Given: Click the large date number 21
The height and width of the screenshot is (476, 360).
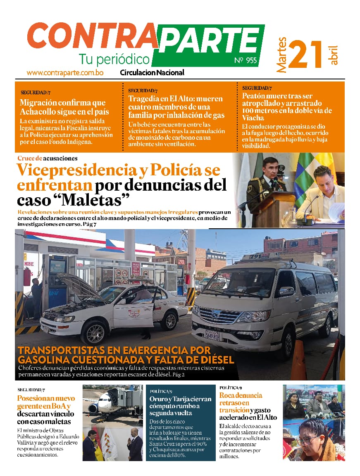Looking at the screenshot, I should pyautogui.click(x=305, y=54).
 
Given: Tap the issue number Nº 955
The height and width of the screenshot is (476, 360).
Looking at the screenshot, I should pyautogui.click(x=246, y=61).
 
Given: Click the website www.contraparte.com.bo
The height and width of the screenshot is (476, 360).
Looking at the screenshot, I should pyautogui.click(x=65, y=73).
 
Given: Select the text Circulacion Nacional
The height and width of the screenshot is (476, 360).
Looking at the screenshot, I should pyautogui.click(x=152, y=73).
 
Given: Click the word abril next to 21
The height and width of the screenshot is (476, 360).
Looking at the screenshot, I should pyautogui.click(x=334, y=55).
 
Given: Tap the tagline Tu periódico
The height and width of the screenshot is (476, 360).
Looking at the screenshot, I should pyautogui.click(x=114, y=59).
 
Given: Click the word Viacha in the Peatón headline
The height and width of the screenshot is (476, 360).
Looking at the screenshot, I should pyautogui.click(x=253, y=118).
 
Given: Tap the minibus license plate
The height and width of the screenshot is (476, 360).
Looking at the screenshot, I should pyautogui.click(x=213, y=334).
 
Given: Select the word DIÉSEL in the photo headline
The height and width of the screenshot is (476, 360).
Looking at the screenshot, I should pyautogui.click(x=212, y=360).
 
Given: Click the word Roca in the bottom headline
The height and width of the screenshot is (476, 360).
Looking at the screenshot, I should pyautogui.click(x=228, y=395).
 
